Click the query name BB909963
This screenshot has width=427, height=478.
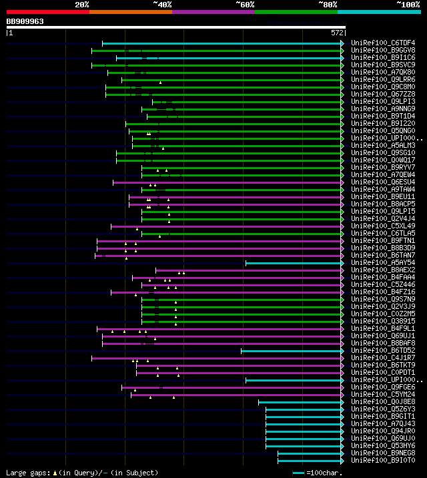pyautogui.click(x=25, y=21)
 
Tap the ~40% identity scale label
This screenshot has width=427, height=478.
pyautogui.click(x=162, y=4)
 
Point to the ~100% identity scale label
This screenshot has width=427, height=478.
pyautogui.click(x=407, y=4)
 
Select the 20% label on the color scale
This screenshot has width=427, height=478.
pyautogui.click(x=82, y=4)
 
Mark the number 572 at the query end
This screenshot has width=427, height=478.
pyautogui.click(x=337, y=32)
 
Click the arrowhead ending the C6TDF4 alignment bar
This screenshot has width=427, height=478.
pyautogui.click(x=342, y=43)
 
